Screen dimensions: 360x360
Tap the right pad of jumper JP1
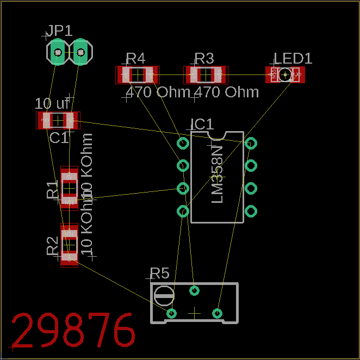[80, 52]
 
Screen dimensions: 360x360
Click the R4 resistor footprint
[136, 75]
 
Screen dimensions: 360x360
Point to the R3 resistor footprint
[204, 75]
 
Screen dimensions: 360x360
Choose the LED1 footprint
[285, 75]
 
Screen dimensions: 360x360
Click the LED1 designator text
[293, 59]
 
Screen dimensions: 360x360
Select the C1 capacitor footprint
[58, 120]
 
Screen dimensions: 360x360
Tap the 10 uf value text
[52, 103]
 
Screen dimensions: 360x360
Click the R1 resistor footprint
[69, 188]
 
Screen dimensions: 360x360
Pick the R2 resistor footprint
[69, 245]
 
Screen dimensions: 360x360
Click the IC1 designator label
[202, 125]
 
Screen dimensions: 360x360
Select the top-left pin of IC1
[183, 144]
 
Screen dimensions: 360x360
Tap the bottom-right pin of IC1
[251, 211]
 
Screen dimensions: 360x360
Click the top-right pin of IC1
[251, 144]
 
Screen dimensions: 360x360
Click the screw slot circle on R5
[164, 296]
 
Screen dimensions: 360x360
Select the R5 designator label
[160, 273]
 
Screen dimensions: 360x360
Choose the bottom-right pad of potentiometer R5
[217, 313]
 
